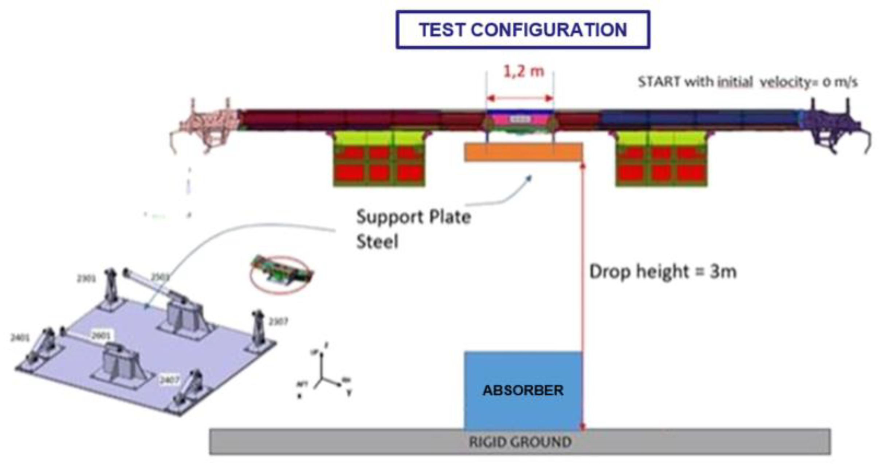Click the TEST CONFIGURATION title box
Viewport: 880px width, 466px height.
click(523, 30)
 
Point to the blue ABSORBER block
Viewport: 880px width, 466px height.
click(523, 390)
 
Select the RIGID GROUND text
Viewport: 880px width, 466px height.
click(520, 442)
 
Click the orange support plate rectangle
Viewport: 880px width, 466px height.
click(523, 152)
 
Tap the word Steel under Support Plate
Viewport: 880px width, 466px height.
click(377, 242)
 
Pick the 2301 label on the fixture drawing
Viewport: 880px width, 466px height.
click(86, 279)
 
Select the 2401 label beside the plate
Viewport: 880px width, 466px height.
click(20, 338)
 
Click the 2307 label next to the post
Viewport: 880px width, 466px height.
click(278, 321)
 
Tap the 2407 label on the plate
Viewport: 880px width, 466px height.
click(169, 380)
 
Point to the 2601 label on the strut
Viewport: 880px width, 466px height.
click(101, 335)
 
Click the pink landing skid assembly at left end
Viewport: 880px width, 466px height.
click(204, 124)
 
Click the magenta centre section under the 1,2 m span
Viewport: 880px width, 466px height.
click(520, 120)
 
